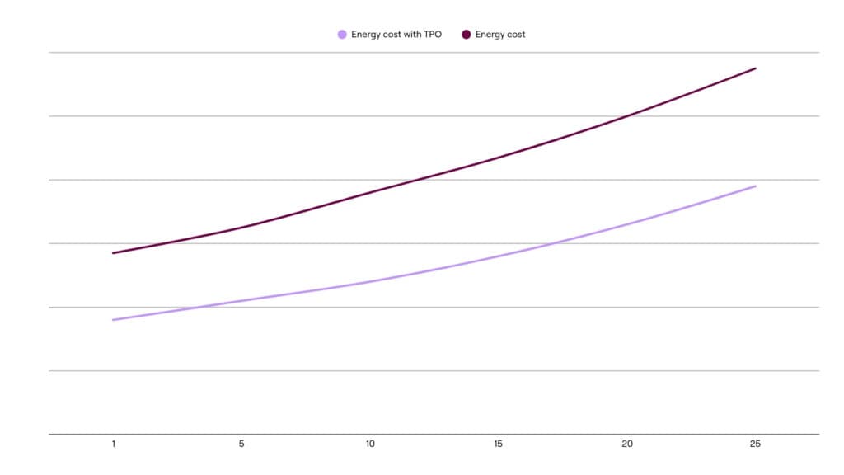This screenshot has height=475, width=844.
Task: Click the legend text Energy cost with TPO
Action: [x=396, y=34]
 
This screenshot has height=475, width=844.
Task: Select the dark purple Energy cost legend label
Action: [x=500, y=34]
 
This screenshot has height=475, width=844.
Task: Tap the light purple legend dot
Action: [x=342, y=34]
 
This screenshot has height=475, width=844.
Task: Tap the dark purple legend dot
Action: [x=467, y=34]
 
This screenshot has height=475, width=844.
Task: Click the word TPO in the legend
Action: [x=431, y=34]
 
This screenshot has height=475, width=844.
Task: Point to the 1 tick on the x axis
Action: [x=113, y=444]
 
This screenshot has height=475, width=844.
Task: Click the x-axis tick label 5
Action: [x=241, y=444]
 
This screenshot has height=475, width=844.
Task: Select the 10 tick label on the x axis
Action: [x=370, y=444]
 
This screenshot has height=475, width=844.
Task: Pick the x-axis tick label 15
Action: [x=499, y=444]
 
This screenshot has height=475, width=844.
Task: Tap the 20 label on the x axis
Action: [x=627, y=444]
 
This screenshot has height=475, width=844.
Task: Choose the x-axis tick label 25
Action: [x=755, y=444]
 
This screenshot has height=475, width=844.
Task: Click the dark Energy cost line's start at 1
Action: [x=113, y=253]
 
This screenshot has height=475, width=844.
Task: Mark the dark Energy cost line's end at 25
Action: [x=755, y=68]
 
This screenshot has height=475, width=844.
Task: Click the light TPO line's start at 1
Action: [x=113, y=320]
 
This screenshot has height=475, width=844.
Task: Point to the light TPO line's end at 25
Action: [x=755, y=186]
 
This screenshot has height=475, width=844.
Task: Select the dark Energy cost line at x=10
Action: [x=370, y=191]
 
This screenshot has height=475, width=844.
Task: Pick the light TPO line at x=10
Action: [x=370, y=281]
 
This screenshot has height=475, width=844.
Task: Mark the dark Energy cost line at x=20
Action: [x=627, y=115]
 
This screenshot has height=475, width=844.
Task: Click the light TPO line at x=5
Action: [x=241, y=300]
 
